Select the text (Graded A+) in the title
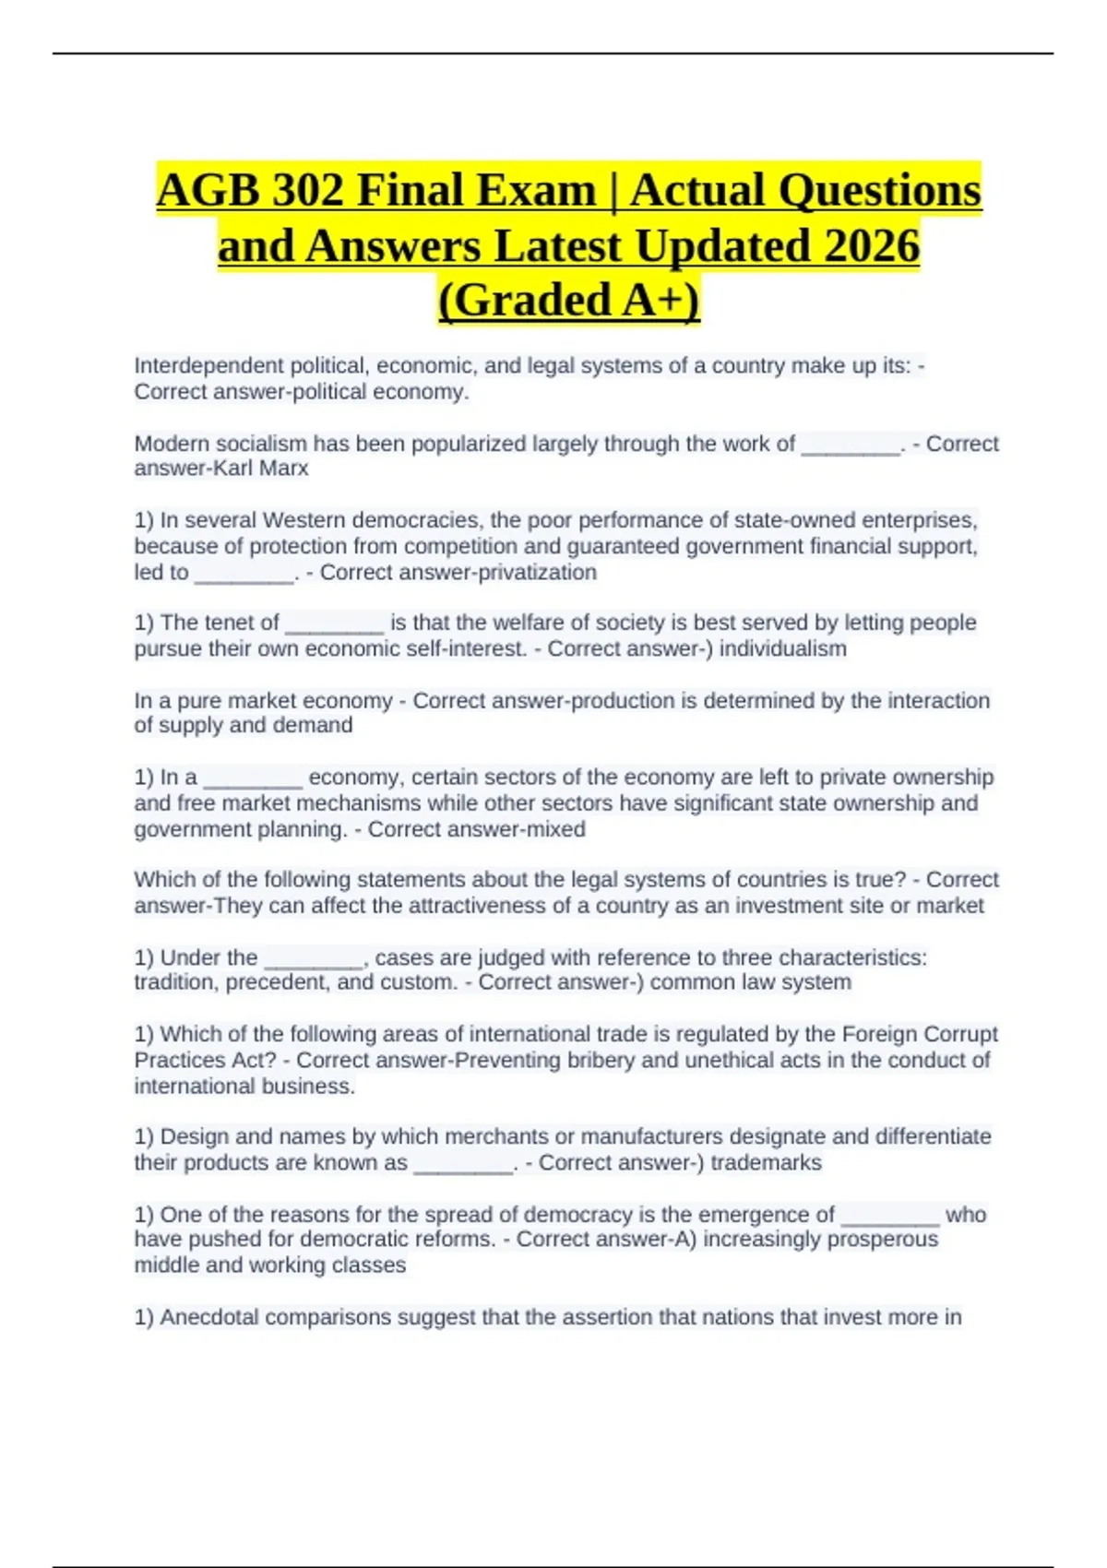[569, 301]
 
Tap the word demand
[313, 725]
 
